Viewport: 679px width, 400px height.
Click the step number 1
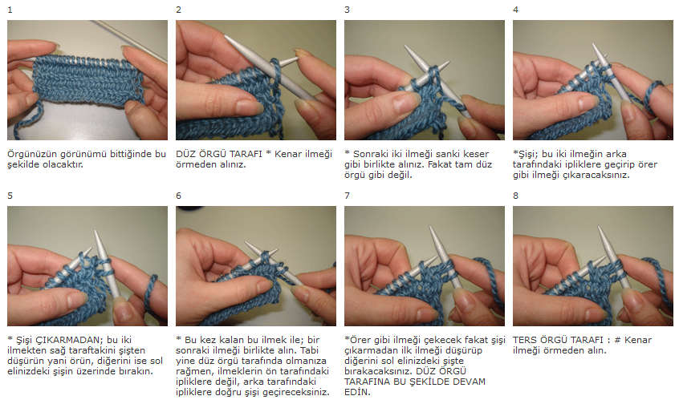click(x=10, y=10)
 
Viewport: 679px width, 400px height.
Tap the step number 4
click(x=515, y=10)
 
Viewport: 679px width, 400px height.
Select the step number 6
click(x=178, y=196)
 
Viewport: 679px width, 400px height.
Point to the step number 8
click(x=515, y=196)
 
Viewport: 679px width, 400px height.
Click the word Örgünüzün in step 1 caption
click(x=31, y=155)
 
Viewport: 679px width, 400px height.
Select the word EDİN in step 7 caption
click(x=357, y=392)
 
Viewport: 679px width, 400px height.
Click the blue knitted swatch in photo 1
click(x=87, y=81)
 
